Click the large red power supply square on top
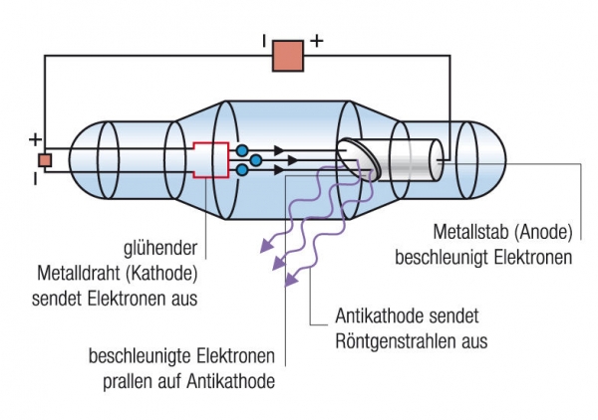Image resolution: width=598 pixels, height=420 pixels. point(288,56)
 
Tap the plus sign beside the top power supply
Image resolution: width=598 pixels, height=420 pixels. point(318,42)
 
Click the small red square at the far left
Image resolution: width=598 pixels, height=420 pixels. point(45,159)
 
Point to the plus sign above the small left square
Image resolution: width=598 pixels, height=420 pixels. point(36,138)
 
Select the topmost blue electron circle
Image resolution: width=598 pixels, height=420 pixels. point(242,150)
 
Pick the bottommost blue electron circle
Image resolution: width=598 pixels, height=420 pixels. point(242,171)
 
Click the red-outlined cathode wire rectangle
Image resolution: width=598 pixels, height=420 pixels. point(209,160)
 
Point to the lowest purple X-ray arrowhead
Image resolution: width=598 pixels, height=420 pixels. point(290,283)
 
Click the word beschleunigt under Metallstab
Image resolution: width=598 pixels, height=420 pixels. point(440,259)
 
